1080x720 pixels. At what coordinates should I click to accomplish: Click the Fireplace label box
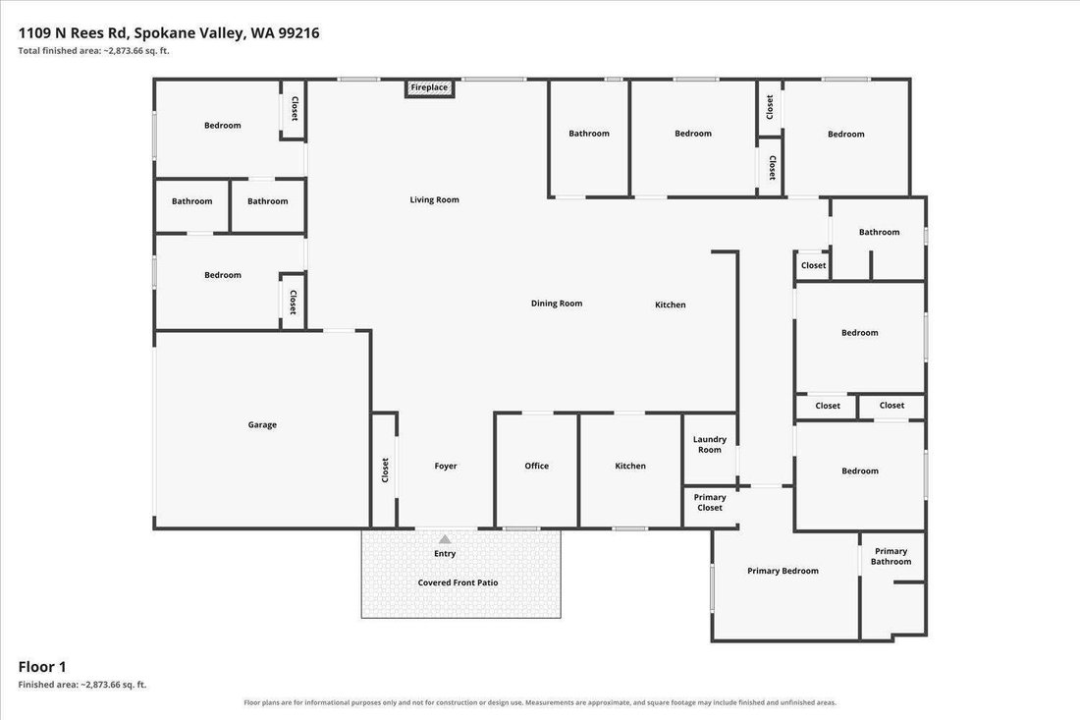click(429, 88)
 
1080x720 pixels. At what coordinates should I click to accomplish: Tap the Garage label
click(262, 425)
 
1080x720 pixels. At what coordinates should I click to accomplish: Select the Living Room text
click(435, 199)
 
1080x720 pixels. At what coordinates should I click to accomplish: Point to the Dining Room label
click(557, 304)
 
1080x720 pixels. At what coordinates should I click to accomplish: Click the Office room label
click(536, 466)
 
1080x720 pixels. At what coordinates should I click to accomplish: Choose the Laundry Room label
click(710, 444)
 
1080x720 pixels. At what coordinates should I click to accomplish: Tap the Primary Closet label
click(710, 502)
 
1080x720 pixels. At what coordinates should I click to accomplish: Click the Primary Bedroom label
click(783, 571)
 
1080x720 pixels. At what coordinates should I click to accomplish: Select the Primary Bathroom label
click(891, 556)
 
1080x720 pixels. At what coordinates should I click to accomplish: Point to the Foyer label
click(446, 466)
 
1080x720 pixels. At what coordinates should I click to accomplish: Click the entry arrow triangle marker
click(445, 539)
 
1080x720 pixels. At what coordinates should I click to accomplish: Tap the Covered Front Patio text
click(459, 582)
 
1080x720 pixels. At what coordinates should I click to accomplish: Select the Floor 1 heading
click(42, 667)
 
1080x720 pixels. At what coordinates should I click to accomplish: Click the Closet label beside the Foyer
click(385, 471)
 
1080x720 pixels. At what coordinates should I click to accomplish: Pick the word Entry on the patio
click(445, 553)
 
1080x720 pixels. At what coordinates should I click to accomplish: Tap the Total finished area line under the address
click(93, 51)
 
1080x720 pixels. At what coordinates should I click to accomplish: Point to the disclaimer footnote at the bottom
click(540, 702)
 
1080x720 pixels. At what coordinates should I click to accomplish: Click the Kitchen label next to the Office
click(630, 466)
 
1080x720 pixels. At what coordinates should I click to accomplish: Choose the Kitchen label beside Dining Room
click(671, 305)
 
